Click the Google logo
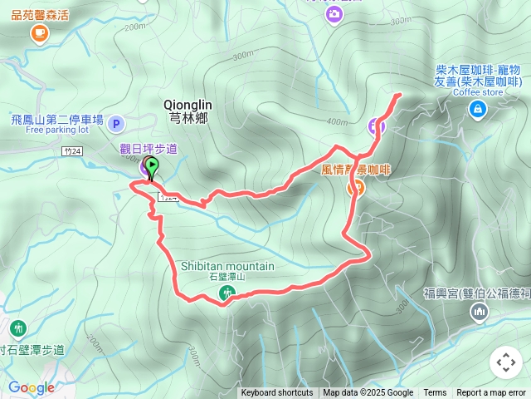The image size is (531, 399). [31, 387]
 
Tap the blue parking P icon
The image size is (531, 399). [116, 125]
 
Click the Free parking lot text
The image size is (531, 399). [56, 130]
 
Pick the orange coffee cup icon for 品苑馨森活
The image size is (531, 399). [39, 32]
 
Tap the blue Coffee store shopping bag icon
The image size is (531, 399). [477, 109]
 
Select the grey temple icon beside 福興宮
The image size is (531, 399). [479, 312]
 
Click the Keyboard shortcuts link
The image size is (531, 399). [277, 393]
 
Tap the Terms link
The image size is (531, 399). [435, 393]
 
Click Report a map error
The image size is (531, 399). [491, 393]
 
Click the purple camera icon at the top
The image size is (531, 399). [334, 15]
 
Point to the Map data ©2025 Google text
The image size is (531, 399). [368, 393]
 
